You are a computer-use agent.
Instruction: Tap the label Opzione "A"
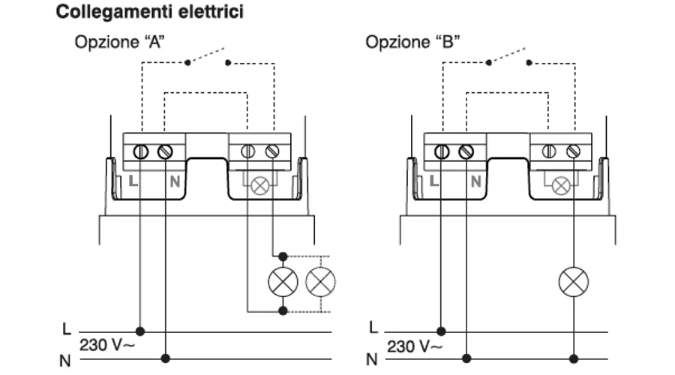coord(119,41)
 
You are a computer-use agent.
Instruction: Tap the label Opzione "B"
coord(412,41)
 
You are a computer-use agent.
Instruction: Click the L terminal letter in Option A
coord(133,181)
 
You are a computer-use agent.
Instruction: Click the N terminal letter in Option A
coord(173,181)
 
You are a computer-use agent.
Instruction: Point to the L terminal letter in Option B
coord(434,181)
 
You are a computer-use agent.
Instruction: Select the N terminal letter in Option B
coord(475,181)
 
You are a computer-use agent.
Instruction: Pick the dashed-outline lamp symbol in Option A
coord(320,282)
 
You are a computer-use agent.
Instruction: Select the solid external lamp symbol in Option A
coord(283,282)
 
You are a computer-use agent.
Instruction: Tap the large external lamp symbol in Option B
coord(574,282)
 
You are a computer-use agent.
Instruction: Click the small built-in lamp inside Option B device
coord(561,184)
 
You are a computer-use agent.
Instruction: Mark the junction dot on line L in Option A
coord(139,330)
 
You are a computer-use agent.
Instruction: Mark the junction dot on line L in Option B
coord(441,330)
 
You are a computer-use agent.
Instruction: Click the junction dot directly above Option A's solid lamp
coord(283,255)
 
